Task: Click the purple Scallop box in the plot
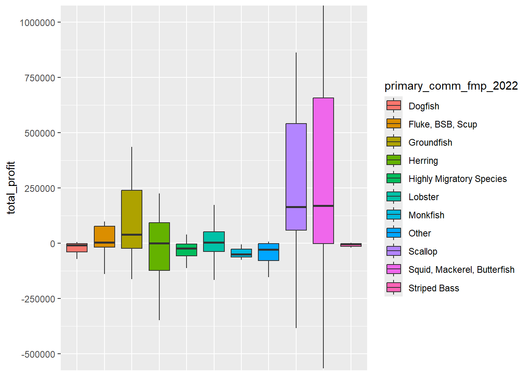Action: pos(296,166)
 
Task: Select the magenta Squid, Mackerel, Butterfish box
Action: pos(323,158)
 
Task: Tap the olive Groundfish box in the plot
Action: pos(132,213)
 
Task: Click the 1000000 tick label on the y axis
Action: pos(37,23)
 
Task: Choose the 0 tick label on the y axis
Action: pos(52,244)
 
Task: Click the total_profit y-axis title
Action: pos(11,188)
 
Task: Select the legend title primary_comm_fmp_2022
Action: pos(451,86)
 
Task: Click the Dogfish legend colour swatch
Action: pos(394,106)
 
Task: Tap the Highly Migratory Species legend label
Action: pos(457,179)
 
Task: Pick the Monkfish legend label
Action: pos(426,215)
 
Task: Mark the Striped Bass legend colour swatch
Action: pos(394,288)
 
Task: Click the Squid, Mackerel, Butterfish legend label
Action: pos(461,270)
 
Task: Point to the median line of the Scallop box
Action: pos(296,207)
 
